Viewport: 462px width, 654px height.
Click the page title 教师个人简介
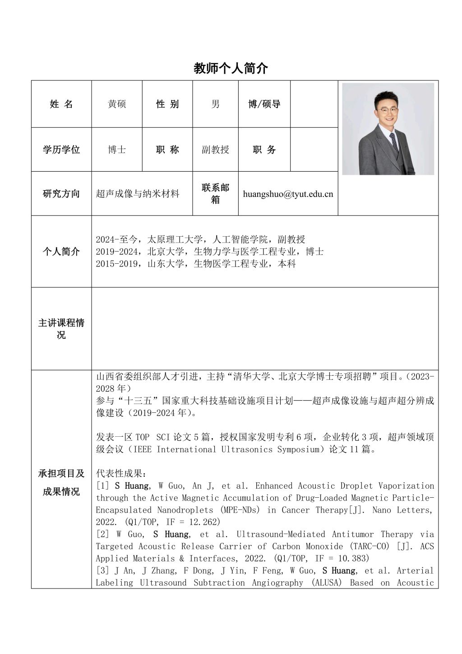tap(231, 68)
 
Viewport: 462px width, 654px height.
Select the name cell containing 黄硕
tap(117, 104)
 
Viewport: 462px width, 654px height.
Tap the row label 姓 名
tap(61, 104)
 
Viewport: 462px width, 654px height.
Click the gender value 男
tap(216, 104)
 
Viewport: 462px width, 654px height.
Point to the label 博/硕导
tap(264, 104)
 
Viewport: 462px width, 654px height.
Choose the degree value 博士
tap(117, 149)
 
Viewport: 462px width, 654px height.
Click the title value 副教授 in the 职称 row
tap(216, 149)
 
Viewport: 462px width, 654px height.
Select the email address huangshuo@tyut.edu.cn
tap(288, 194)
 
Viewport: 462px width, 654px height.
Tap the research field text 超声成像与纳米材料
tap(138, 194)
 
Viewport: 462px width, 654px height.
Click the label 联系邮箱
tap(216, 193)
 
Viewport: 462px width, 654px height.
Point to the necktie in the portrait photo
tap(394, 142)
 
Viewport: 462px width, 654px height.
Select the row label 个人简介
tap(61, 252)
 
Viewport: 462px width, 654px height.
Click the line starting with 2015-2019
tap(195, 264)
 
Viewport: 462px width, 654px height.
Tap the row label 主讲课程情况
tap(61, 329)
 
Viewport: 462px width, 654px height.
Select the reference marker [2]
tap(102, 535)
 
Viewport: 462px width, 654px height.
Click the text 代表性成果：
tap(121, 474)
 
